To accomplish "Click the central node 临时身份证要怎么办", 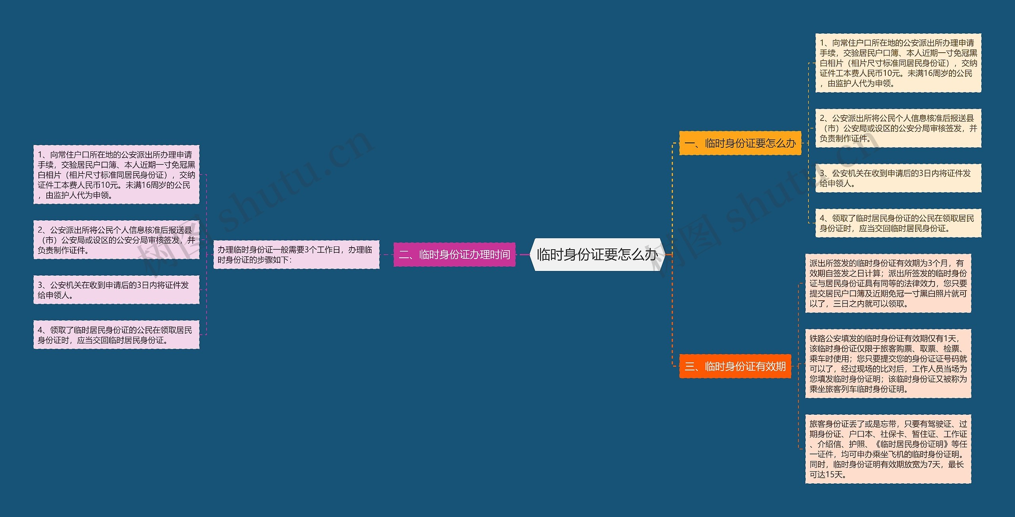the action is (597, 255).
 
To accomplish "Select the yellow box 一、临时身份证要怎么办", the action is (740, 143).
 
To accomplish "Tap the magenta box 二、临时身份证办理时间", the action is (454, 254).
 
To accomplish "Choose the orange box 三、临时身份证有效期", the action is (735, 366).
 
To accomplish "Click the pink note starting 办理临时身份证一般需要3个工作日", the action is (296, 255).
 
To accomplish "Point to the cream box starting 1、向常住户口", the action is (898, 63).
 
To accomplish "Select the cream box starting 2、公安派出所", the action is (898, 128).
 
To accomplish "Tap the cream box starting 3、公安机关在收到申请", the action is (898, 178).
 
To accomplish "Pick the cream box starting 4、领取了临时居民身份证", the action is (898, 223).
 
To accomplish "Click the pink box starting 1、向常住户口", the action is (116, 175).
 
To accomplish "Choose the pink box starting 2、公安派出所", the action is (116, 240).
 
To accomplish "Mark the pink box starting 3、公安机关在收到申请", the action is (116, 290).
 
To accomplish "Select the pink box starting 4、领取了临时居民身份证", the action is (116, 335).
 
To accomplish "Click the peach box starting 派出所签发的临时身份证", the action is (888, 283).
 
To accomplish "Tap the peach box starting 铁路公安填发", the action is (888, 364).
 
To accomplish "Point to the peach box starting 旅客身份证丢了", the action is (888, 449).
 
